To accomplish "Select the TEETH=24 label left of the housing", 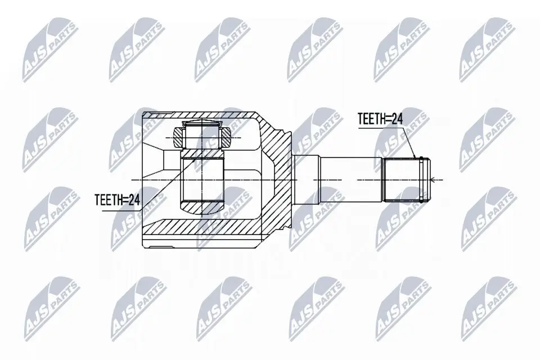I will (117, 199).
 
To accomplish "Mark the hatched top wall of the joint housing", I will (202, 116).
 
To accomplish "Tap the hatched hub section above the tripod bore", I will (202, 154).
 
